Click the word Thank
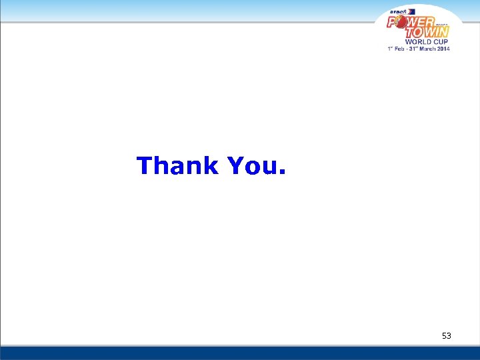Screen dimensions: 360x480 point(177,165)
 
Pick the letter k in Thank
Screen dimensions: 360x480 point(210,165)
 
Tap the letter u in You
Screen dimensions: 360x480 point(269,167)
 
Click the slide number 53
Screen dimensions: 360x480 point(446,336)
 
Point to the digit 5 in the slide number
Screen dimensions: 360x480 point(444,336)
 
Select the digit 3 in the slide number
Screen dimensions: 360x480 point(449,336)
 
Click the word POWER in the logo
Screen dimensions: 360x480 point(411,22)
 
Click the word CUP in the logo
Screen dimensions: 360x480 point(437,41)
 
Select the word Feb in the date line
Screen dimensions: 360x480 point(402,49)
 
